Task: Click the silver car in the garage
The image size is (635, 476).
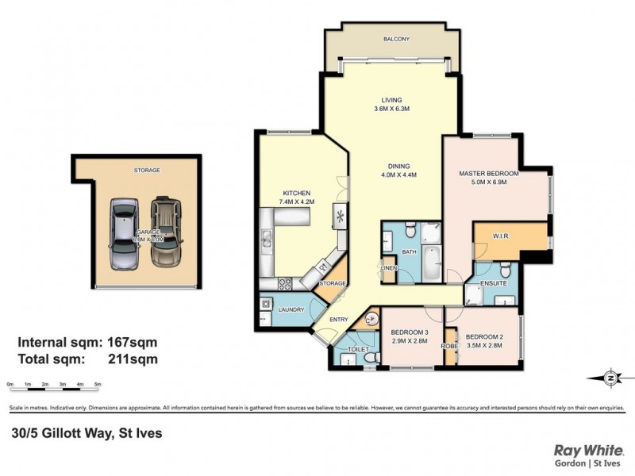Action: click(x=125, y=234)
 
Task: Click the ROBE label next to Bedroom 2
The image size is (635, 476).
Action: click(x=449, y=346)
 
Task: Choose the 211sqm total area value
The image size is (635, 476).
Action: click(x=133, y=359)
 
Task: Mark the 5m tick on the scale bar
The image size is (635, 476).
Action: click(x=98, y=385)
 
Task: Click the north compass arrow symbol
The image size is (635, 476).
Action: click(x=609, y=377)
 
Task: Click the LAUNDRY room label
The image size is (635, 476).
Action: click(x=291, y=309)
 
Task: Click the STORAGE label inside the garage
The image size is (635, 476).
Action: click(x=146, y=170)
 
